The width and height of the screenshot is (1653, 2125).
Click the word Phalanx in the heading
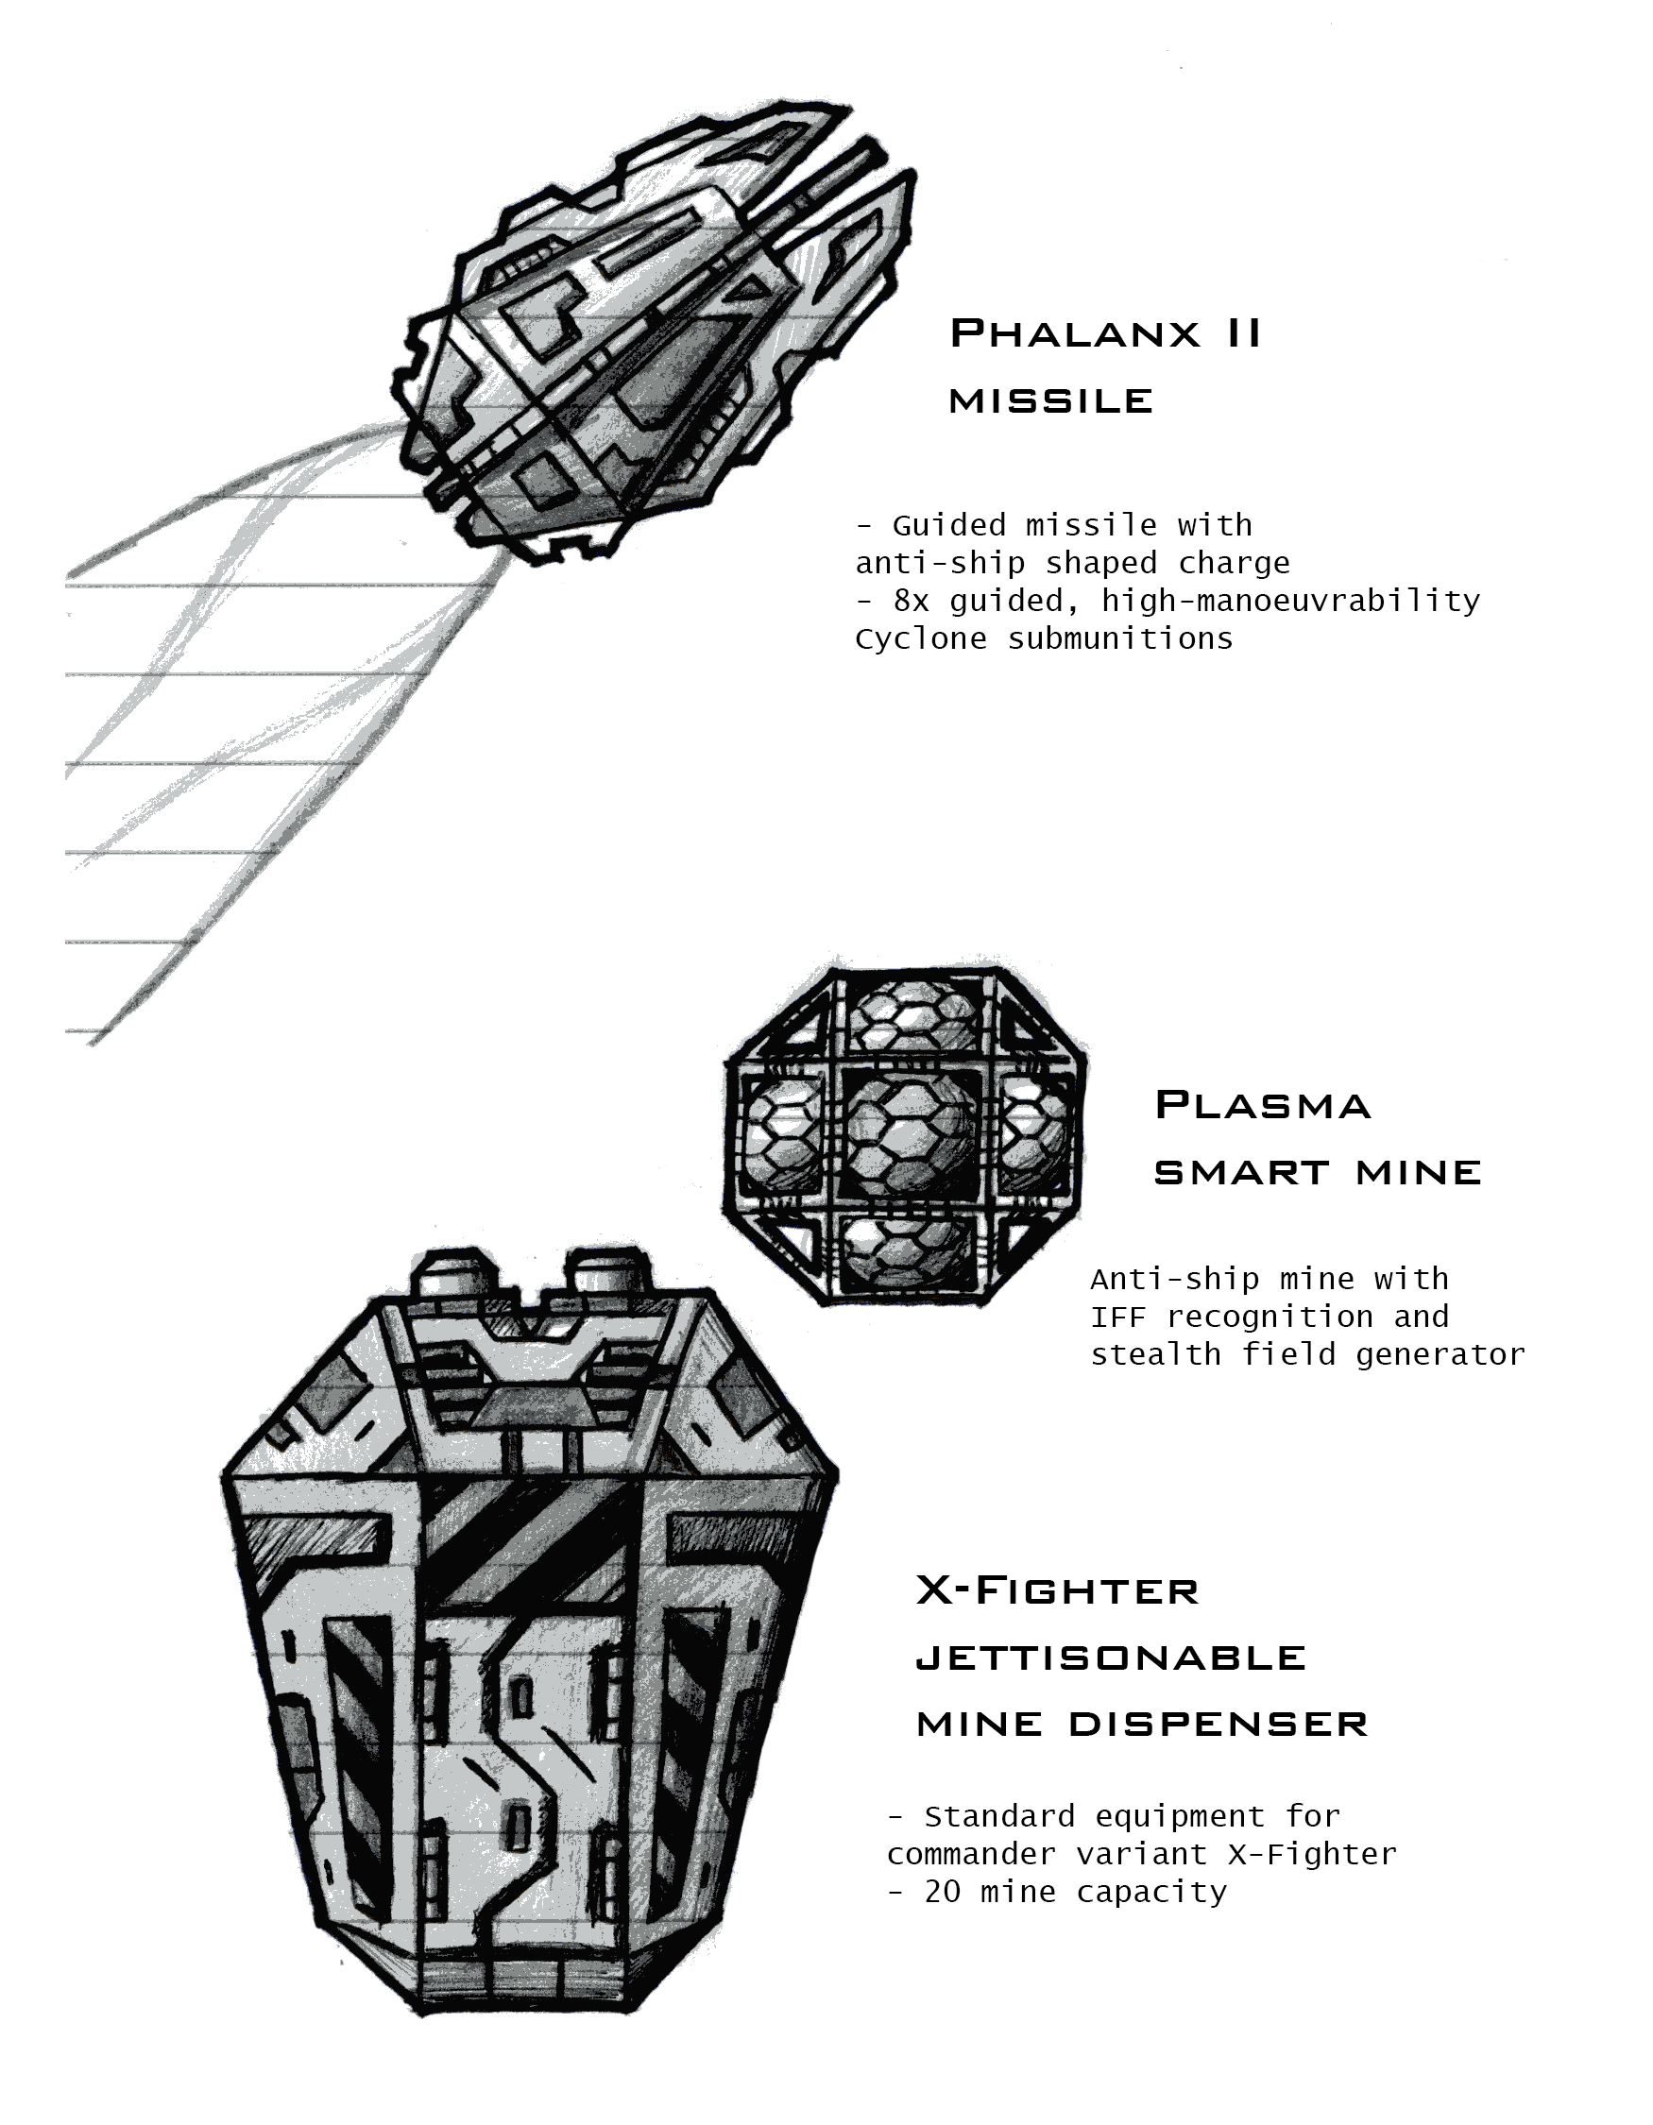point(1075,332)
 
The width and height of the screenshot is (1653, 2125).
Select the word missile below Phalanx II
point(1050,399)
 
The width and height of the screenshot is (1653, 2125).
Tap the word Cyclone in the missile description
point(920,639)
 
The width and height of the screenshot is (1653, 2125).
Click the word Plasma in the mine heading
point(1263,1105)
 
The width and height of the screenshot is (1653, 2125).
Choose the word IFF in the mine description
point(1117,1317)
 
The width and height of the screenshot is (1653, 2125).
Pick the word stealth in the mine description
point(1156,1354)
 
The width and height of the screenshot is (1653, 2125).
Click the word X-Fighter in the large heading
point(1058,1590)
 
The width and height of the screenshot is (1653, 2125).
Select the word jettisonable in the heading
point(1111,1657)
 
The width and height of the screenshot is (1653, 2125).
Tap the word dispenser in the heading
point(1219,1725)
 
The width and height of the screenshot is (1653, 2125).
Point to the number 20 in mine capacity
point(943,1892)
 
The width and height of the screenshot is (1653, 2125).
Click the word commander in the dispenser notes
point(971,1854)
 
